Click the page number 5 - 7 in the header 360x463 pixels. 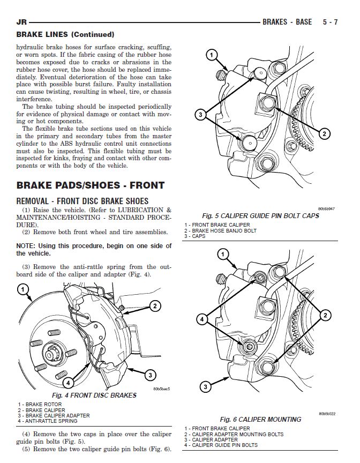click(x=330, y=23)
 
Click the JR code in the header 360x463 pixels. click(x=22, y=23)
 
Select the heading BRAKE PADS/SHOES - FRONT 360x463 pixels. click(x=91, y=186)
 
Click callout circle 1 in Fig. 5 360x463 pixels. click(x=211, y=55)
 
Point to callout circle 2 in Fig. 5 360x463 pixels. click(x=325, y=133)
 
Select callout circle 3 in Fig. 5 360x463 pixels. click(x=199, y=114)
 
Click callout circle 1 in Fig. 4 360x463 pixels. click(x=22, y=290)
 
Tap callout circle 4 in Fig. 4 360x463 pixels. click(x=68, y=383)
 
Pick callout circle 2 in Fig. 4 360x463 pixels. click(x=155, y=306)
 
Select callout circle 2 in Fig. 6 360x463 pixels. click(x=325, y=316)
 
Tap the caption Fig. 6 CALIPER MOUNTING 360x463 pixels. click(x=261, y=419)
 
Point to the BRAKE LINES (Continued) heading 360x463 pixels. click(x=65, y=34)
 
